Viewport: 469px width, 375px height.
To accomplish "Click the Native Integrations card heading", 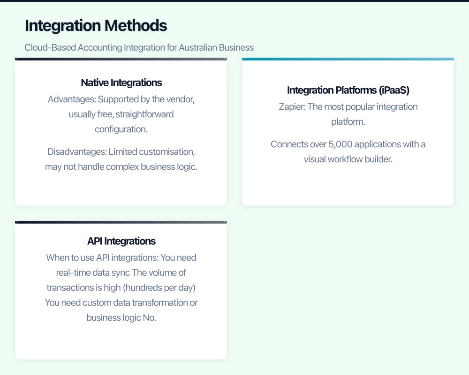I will click(x=121, y=82).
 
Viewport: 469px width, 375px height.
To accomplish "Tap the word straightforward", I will click(x=144, y=114).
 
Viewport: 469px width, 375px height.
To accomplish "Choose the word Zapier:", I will click(x=292, y=107).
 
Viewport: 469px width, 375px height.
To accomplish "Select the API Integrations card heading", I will click(x=121, y=241).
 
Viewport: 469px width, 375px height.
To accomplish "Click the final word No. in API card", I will click(x=150, y=318).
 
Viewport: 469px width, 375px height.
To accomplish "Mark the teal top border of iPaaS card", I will click(x=348, y=59).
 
